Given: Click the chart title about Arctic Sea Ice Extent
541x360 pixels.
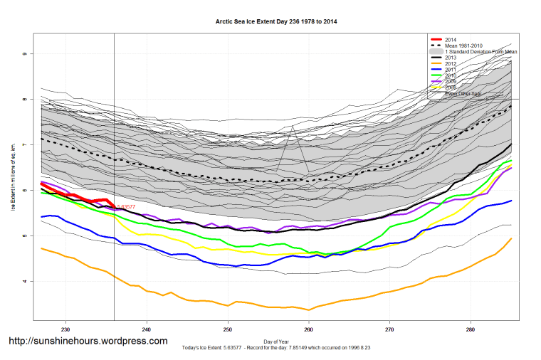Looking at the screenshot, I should click(x=276, y=22).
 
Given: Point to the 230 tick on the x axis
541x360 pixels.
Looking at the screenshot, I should click(x=65, y=329).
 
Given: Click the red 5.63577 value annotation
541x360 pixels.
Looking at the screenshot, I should click(x=126, y=207).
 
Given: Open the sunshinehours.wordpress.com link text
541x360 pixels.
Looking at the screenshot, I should click(x=88, y=341).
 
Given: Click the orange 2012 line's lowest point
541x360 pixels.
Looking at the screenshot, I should click(x=308, y=309).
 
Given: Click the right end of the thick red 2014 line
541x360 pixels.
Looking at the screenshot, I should click(x=114, y=206).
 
